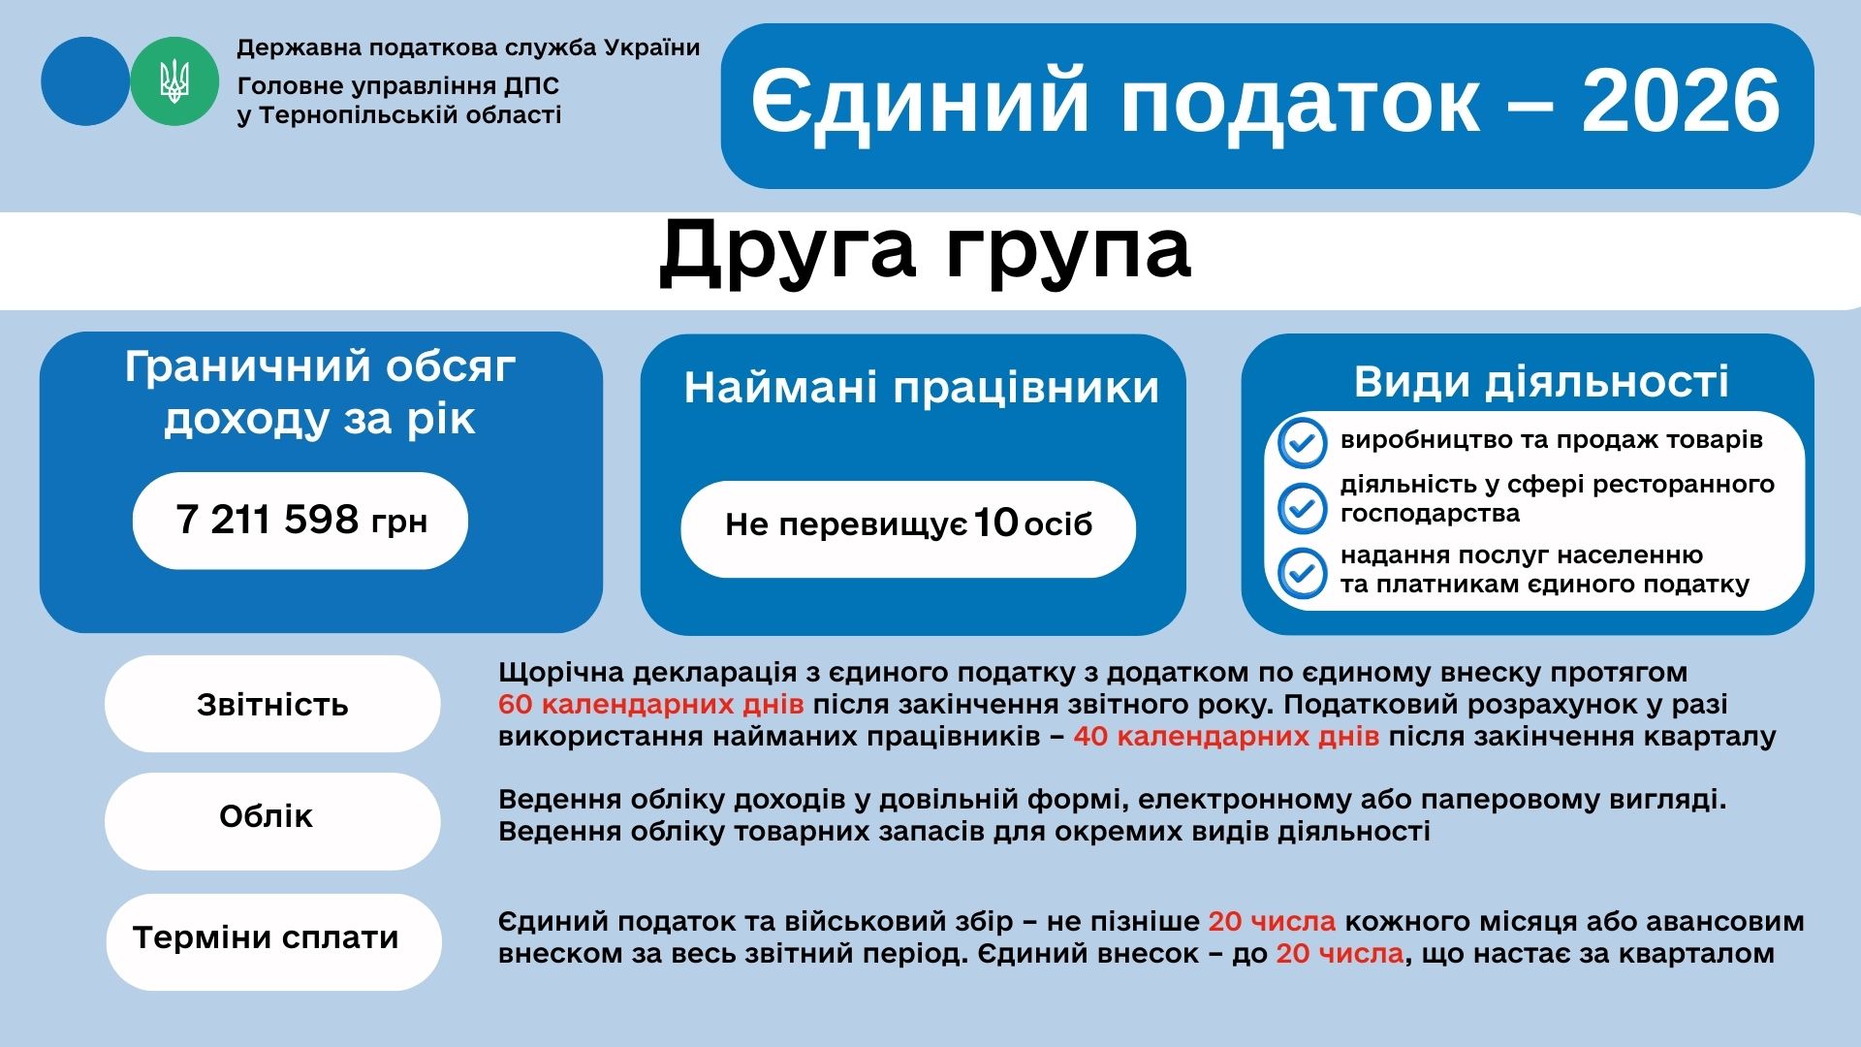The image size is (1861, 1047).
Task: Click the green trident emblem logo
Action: click(x=174, y=81)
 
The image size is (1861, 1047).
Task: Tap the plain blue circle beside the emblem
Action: click(x=85, y=81)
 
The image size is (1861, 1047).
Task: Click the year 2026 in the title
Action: click(x=1681, y=102)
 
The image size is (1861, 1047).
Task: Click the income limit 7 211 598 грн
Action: click(x=301, y=520)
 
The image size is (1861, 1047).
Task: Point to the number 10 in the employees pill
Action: click(x=995, y=523)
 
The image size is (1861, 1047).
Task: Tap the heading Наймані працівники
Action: click(x=922, y=388)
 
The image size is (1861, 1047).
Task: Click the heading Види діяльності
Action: click(x=1541, y=382)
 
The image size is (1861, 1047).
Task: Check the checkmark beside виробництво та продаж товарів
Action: click(x=1302, y=443)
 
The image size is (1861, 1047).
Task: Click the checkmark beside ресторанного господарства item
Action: click(x=1302, y=508)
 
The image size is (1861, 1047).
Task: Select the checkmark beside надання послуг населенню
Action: click(x=1302, y=573)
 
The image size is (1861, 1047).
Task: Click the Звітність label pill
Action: click(x=272, y=704)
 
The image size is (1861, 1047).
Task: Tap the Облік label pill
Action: click(x=272, y=821)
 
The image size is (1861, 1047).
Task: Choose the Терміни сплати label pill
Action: click(x=273, y=941)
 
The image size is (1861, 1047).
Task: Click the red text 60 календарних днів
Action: click(x=651, y=705)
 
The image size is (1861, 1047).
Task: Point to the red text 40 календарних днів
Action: click(x=1226, y=737)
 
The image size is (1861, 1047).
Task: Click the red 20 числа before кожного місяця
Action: click(x=1272, y=921)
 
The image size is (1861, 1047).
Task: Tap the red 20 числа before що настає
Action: click(x=1340, y=953)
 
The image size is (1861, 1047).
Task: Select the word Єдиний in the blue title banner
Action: click(x=921, y=102)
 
